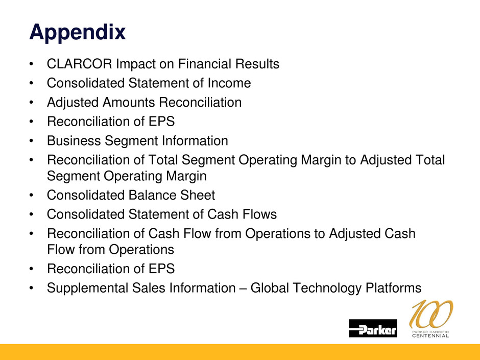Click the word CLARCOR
tap(79, 64)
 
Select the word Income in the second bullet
tap(229, 83)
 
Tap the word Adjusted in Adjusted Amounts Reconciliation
tap(73, 103)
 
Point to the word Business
tap(74, 141)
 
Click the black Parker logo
tap(373, 328)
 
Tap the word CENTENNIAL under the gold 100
tap(430, 336)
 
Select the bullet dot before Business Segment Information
tap(31, 141)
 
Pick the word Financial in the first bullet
tap(204, 64)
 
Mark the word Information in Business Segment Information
tap(195, 141)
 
